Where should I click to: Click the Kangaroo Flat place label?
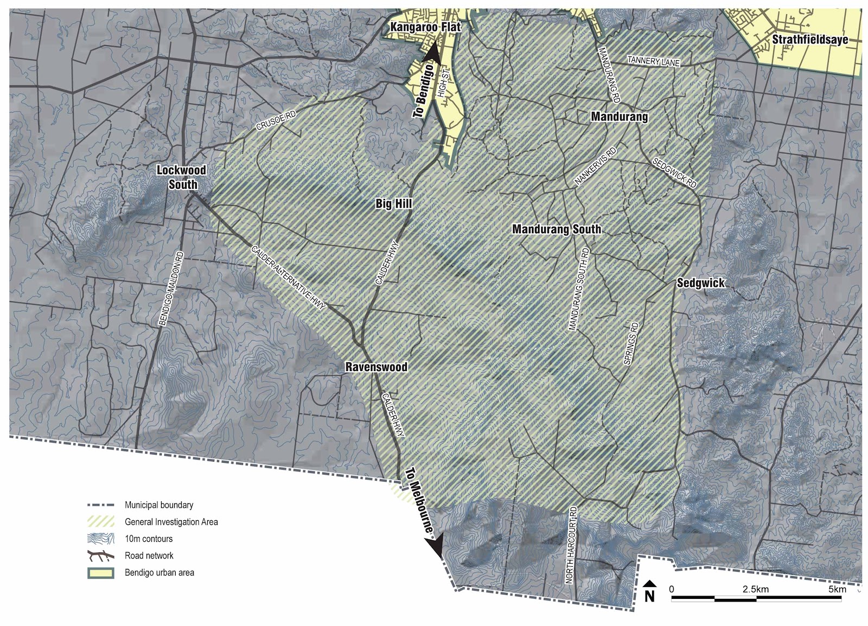point(425,27)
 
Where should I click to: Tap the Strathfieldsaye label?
point(809,39)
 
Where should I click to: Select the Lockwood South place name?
point(181,177)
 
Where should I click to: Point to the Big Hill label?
point(394,203)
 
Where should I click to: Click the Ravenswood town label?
point(376,367)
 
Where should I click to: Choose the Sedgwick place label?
point(700,283)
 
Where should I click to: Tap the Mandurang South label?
point(557,229)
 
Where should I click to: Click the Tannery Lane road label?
point(653,61)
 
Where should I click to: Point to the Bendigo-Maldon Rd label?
point(171,289)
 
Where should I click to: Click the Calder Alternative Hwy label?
point(288,278)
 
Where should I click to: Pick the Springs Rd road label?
point(631,343)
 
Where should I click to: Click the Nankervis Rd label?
point(596,167)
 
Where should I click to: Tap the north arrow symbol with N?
point(649,591)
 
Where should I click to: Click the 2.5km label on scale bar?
point(755,589)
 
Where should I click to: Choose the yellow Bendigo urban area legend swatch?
point(101,573)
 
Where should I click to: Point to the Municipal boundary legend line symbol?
point(101,505)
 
